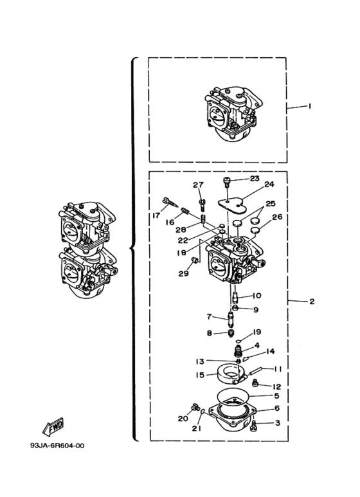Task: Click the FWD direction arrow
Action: click(53, 426)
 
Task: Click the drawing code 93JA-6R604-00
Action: click(57, 446)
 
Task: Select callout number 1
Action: click(310, 106)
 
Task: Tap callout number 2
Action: click(312, 301)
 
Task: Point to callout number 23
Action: click(255, 179)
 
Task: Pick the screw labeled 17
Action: click(170, 203)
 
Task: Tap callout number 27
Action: click(199, 185)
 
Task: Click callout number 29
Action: click(183, 273)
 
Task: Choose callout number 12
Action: click(276, 386)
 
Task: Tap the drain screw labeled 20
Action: click(195, 406)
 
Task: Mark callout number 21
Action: click(197, 429)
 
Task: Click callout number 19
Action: click(256, 332)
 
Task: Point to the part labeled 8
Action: click(232, 334)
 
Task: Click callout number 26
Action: click(277, 217)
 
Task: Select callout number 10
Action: click(256, 295)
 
